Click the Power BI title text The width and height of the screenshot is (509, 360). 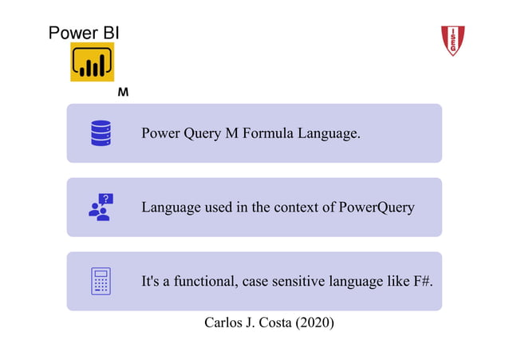84,33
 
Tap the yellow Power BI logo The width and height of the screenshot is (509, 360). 92,62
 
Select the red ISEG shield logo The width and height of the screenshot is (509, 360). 453,40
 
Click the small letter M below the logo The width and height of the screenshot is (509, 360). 123,93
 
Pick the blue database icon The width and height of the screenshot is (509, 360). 101,133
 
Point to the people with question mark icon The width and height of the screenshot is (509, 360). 101,207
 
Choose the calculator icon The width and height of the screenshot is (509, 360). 101,281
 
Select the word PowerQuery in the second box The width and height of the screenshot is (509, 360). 377,208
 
